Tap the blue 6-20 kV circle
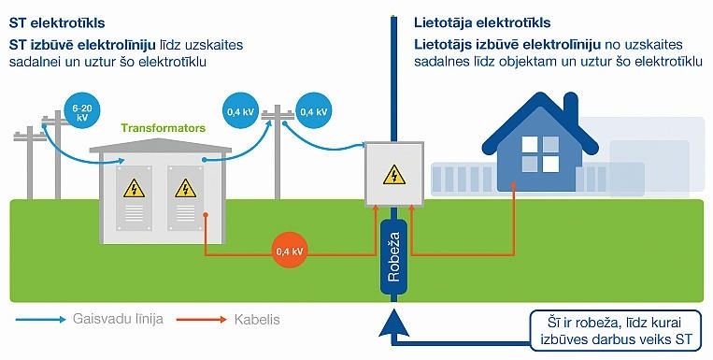[81, 114]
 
